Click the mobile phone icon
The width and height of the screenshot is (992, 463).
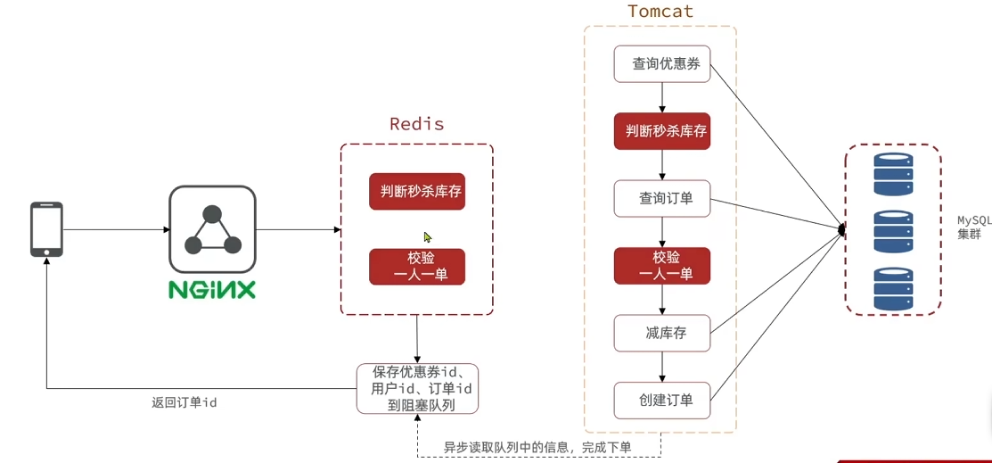(46, 229)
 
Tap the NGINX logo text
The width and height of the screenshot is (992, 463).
(212, 290)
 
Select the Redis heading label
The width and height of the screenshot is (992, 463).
(416, 124)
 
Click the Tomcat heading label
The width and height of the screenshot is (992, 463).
(660, 12)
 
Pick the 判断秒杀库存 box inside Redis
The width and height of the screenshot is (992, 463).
(417, 191)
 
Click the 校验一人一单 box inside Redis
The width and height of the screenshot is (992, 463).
(417, 266)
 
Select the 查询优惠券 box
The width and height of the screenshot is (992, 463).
(662, 64)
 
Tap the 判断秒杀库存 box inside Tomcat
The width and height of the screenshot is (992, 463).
(662, 131)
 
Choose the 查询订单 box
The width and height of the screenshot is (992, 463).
(662, 198)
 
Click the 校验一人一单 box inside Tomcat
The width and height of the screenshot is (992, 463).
(662, 265)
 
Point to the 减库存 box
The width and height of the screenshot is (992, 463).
(662, 333)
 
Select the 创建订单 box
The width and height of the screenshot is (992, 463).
(662, 400)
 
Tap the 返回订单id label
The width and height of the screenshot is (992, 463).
(184, 402)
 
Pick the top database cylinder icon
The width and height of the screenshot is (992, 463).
(893, 174)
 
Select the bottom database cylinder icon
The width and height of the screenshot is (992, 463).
(893, 288)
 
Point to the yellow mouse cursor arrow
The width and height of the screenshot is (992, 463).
(428, 237)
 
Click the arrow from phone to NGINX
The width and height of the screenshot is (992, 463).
(116, 229)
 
